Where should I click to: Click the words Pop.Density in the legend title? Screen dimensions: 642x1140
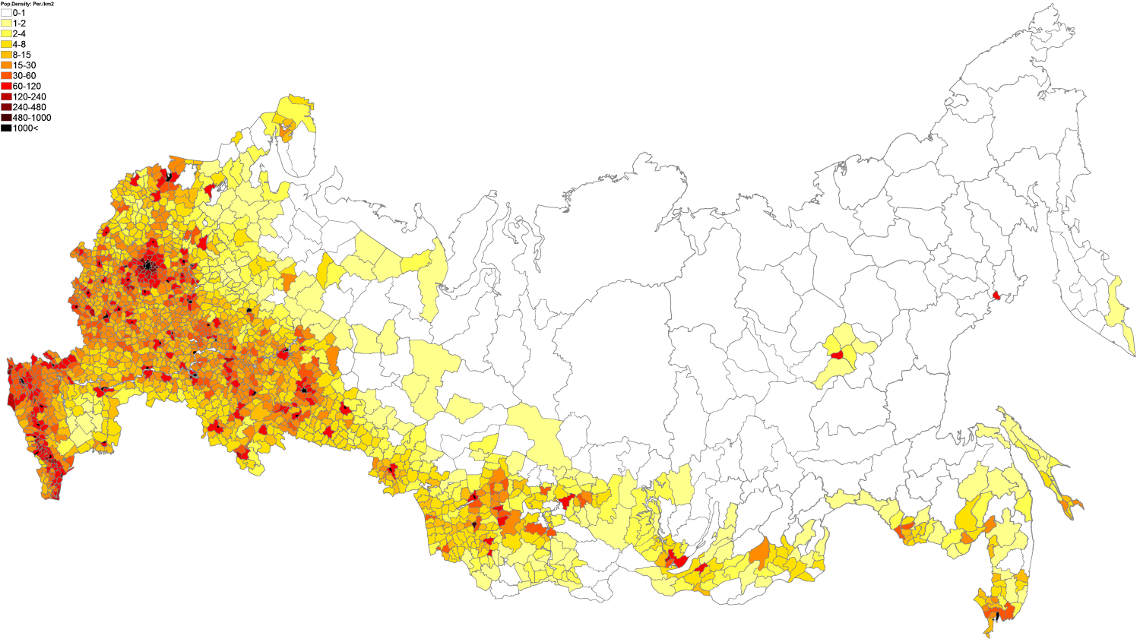tap(16, 4)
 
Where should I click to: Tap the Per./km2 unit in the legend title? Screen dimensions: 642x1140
tap(43, 4)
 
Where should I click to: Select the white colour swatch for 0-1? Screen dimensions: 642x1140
tap(6, 13)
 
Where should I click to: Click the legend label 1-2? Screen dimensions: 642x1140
tap(19, 24)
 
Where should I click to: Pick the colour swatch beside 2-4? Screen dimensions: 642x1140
tap(6, 34)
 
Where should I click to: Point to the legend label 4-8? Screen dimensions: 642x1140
tap(19, 45)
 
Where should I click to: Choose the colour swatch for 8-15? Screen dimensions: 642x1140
tap(6, 55)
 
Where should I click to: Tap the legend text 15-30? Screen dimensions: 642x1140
tap(24, 65)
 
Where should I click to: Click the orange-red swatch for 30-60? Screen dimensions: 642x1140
tap(6, 76)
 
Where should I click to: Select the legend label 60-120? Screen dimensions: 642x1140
tap(27, 87)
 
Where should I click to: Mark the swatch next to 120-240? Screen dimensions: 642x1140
tap(6, 96)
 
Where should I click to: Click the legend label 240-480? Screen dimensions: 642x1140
tap(29, 107)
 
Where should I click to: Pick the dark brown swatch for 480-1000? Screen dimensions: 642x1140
tap(6, 118)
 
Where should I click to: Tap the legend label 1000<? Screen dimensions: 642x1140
tap(25, 128)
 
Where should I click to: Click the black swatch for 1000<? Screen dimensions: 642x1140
tap(6, 128)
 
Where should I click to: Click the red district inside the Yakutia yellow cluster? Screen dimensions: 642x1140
tap(837, 354)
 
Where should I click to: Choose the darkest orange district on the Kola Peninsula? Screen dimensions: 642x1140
tap(287, 131)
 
